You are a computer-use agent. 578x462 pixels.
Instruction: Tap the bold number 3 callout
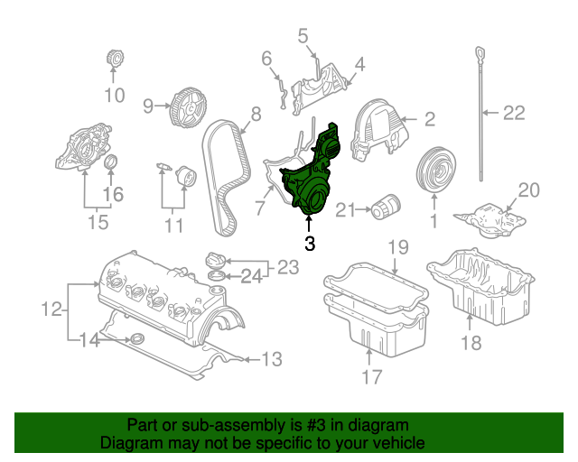(309, 244)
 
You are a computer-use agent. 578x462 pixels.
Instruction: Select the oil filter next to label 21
(386, 209)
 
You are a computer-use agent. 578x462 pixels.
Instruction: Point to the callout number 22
(514, 113)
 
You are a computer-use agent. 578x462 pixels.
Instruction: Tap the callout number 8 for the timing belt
(256, 114)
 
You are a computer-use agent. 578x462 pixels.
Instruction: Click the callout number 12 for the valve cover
(51, 310)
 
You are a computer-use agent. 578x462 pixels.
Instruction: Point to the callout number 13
(272, 359)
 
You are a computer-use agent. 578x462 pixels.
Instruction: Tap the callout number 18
(472, 342)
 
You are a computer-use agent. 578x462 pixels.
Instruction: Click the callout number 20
(528, 189)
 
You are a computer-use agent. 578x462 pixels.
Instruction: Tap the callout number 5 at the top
(303, 36)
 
